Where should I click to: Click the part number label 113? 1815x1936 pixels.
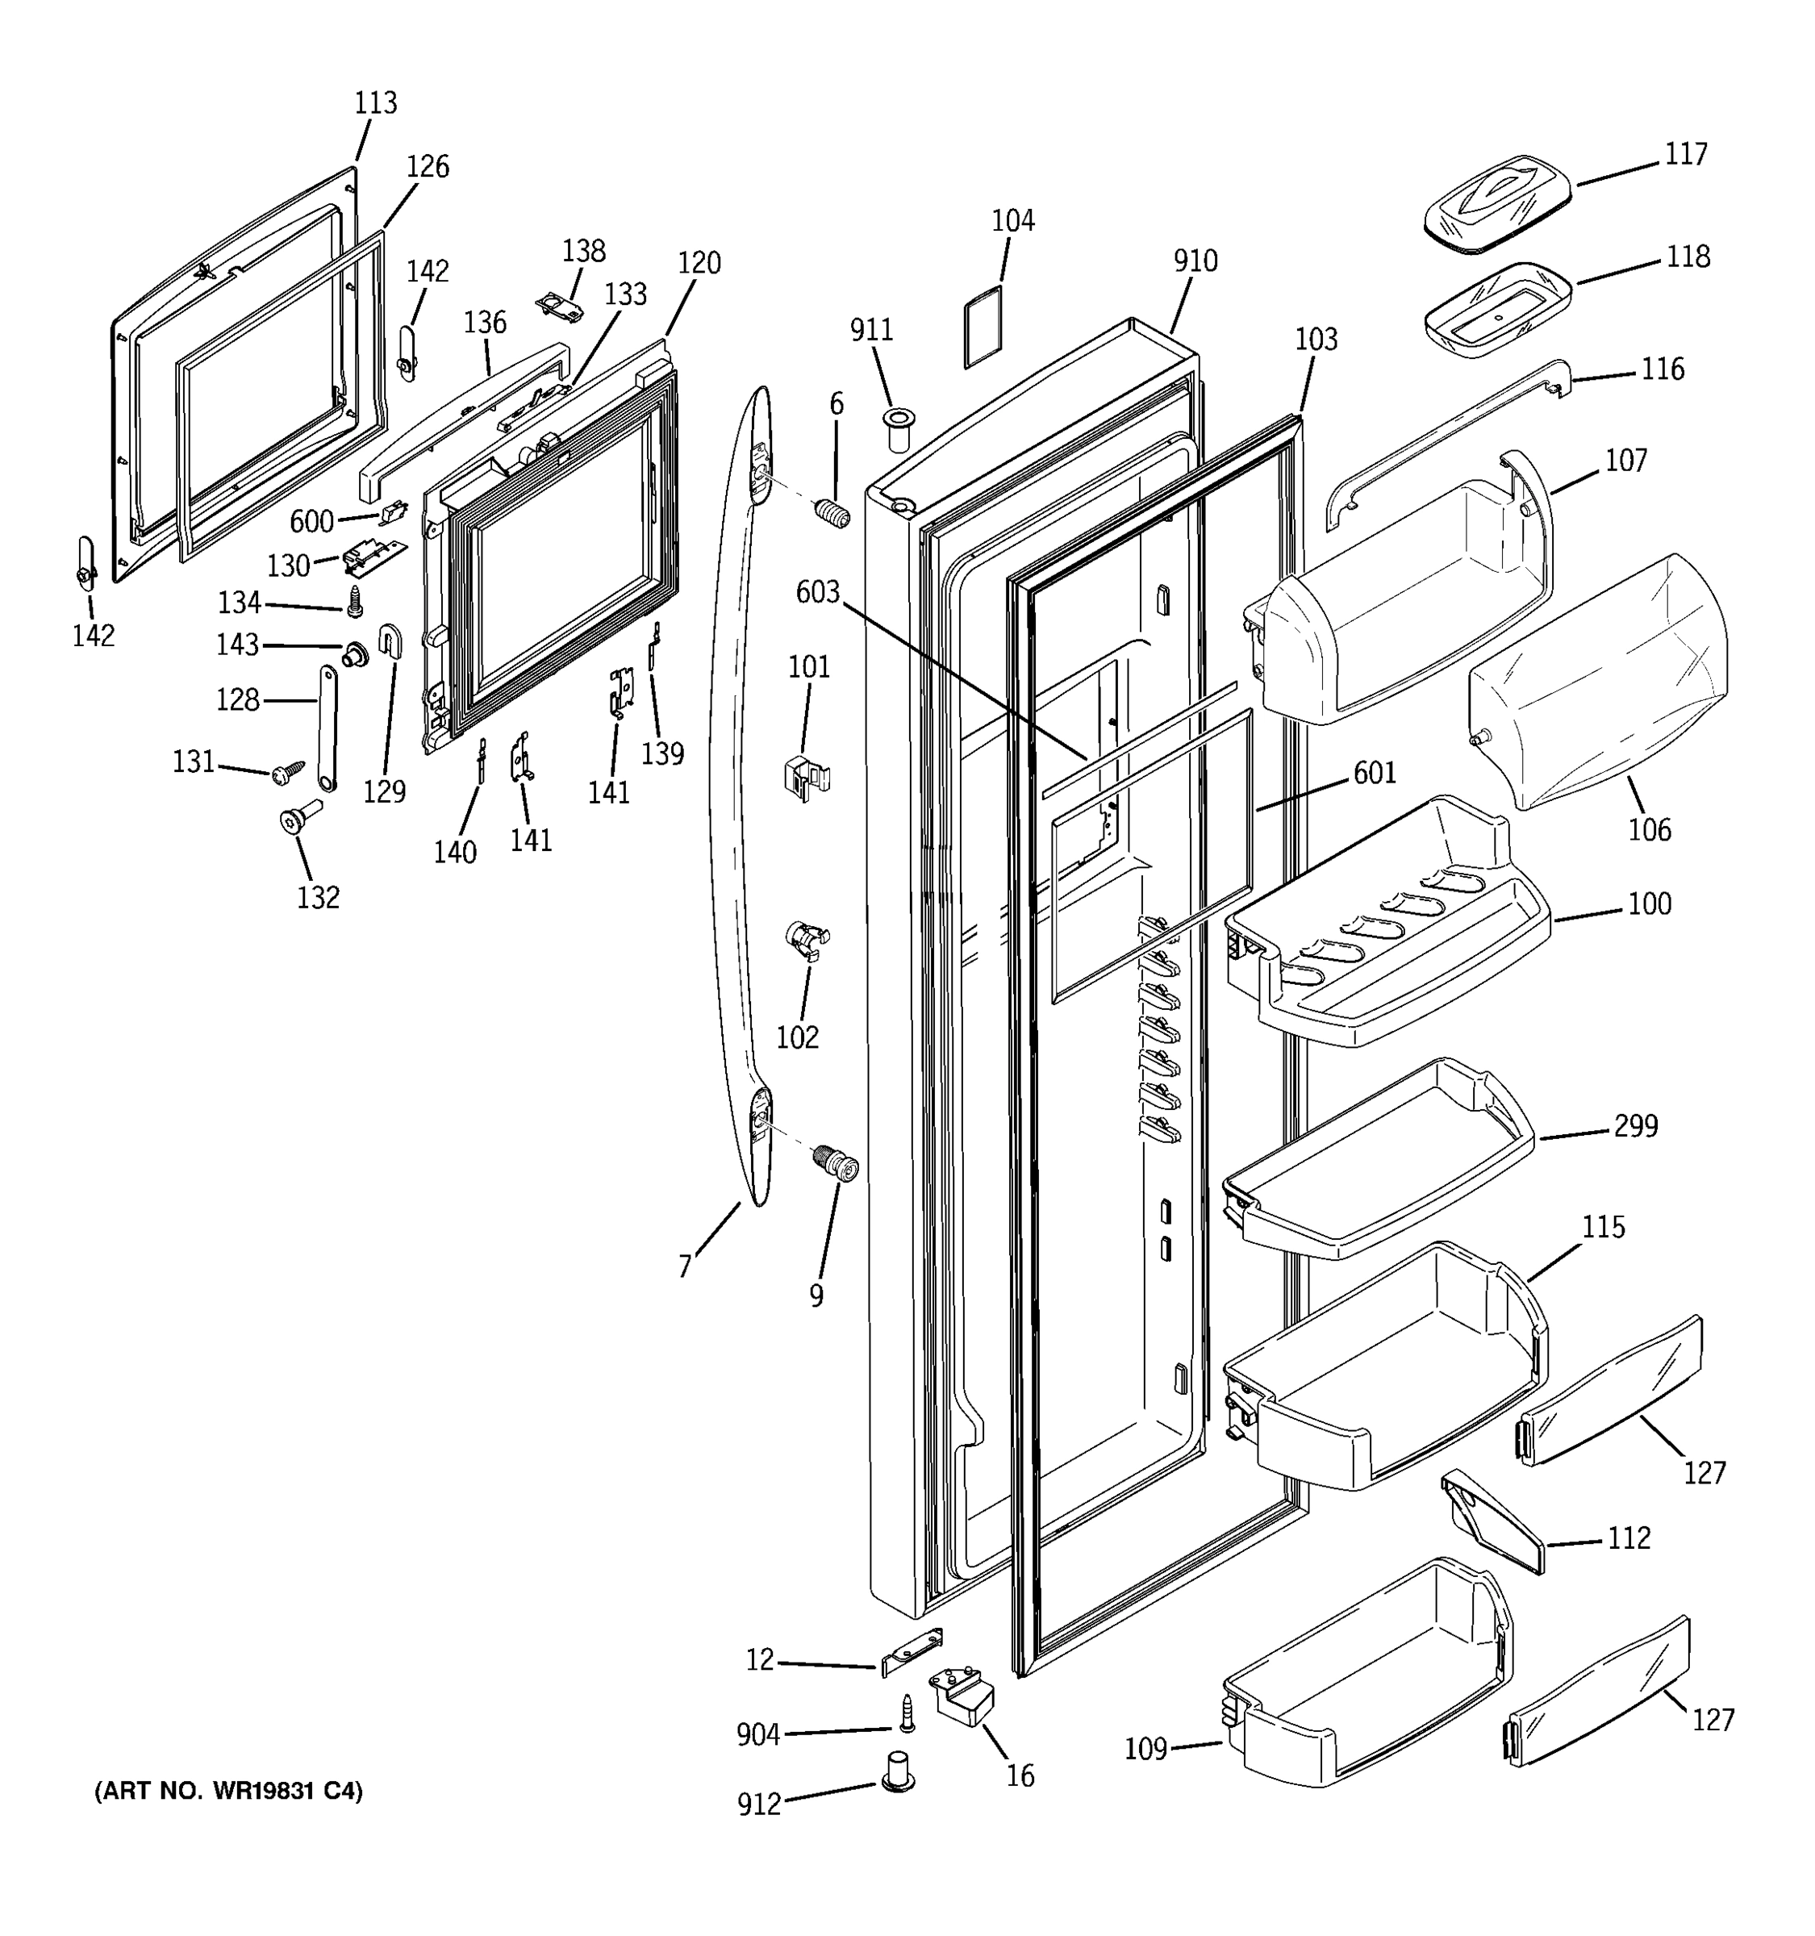point(376,102)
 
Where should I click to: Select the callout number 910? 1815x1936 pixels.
point(1195,261)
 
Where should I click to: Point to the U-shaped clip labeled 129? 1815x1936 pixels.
point(390,640)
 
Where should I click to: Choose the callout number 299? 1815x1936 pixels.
point(1635,1126)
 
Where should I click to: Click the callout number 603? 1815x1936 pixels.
point(817,592)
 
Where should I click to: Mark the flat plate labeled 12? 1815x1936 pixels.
point(912,1653)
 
